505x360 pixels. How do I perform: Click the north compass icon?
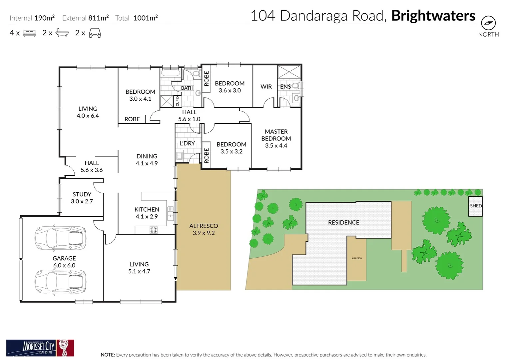pos(488,23)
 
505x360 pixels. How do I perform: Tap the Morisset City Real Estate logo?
pos(40,348)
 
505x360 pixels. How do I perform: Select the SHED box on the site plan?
pos(475,206)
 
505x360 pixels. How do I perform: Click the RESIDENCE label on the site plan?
pos(343,222)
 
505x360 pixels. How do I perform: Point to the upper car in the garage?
pos(60,238)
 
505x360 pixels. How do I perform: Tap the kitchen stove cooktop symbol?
pos(154,230)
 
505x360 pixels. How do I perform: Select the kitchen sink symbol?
pos(171,214)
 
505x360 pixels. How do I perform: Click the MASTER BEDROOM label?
pos(276,135)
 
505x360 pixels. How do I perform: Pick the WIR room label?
pos(266,87)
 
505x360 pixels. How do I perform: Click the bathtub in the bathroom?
pos(170,73)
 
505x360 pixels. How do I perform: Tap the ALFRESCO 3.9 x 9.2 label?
pos(204,229)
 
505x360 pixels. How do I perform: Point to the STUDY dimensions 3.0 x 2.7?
pos(82,201)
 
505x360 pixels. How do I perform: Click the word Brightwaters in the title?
pos(433,16)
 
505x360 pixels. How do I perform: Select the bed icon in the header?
pos(29,33)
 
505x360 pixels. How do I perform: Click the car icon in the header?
pos(95,33)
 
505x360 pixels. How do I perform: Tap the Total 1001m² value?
pos(145,18)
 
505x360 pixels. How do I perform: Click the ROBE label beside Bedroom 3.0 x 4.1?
pos(132,119)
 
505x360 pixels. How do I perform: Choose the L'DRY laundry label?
pos(187,143)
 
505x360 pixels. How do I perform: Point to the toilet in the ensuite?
pos(295,86)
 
